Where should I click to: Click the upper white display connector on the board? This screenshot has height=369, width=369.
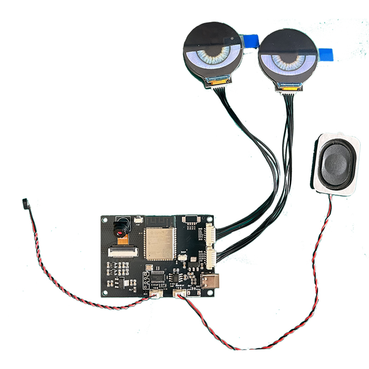(210, 234)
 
